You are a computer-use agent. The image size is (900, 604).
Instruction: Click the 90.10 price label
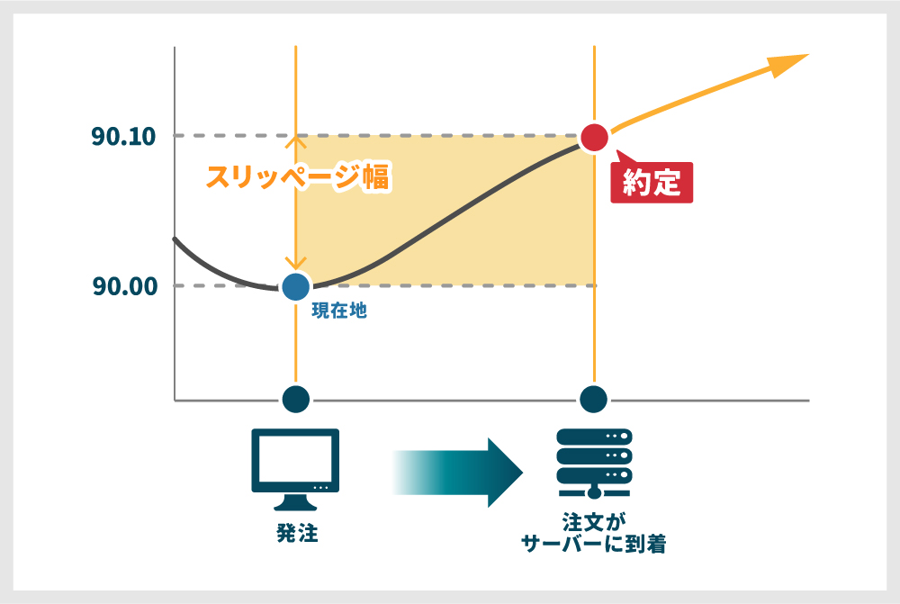pyautogui.click(x=123, y=137)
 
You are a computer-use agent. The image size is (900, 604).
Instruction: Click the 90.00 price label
pyautogui.click(x=125, y=286)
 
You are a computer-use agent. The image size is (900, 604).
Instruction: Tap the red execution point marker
pyautogui.click(x=594, y=138)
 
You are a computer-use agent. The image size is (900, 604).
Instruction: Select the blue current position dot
pyautogui.click(x=295, y=286)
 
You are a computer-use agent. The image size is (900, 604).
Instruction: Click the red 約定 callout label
pyautogui.click(x=652, y=182)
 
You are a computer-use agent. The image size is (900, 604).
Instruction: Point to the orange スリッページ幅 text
pyautogui.click(x=298, y=176)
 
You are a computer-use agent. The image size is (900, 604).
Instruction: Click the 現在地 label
pyautogui.click(x=339, y=311)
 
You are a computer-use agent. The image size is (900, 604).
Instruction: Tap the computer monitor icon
pyautogui.click(x=295, y=469)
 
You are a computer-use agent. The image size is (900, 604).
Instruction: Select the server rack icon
pyautogui.click(x=594, y=464)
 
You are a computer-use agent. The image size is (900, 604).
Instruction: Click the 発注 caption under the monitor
pyautogui.click(x=297, y=534)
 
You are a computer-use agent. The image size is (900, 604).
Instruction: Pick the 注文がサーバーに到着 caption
pyautogui.click(x=594, y=534)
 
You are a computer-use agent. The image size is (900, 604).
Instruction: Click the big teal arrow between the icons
pyautogui.click(x=457, y=473)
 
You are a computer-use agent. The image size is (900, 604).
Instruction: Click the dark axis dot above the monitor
pyautogui.click(x=296, y=399)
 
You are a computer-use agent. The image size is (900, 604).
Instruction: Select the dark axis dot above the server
pyautogui.click(x=593, y=399)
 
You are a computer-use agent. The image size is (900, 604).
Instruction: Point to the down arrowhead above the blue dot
pyautogui.click(x=295, y=263)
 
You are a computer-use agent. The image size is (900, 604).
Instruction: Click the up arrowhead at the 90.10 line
pyautogui.click(x=295, y=141)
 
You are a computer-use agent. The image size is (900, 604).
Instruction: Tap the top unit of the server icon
pyautogui.click(x=594, y=437)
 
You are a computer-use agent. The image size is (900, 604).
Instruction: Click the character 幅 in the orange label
pyautogui.click(x=376, y=176)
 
